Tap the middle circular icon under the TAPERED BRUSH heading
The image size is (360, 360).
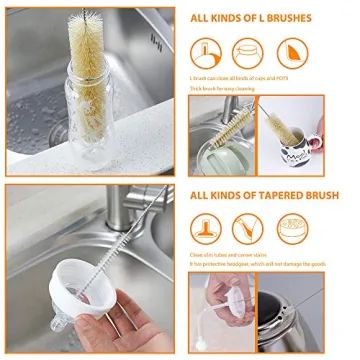(x=247, y=229)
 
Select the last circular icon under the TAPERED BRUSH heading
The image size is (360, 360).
(x=291, y=229)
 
